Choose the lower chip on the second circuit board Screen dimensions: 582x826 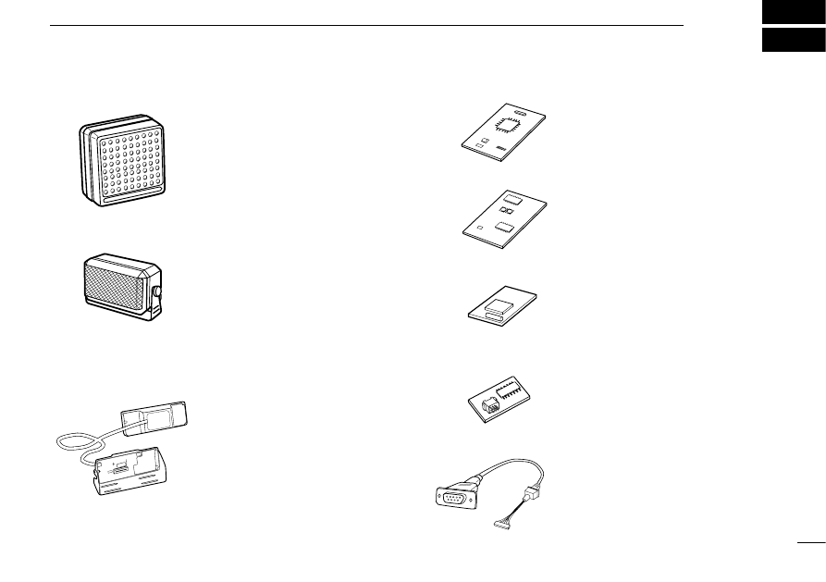504,225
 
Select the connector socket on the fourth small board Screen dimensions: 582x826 486,404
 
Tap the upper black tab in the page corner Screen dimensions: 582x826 793,12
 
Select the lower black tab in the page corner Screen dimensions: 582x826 793,42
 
